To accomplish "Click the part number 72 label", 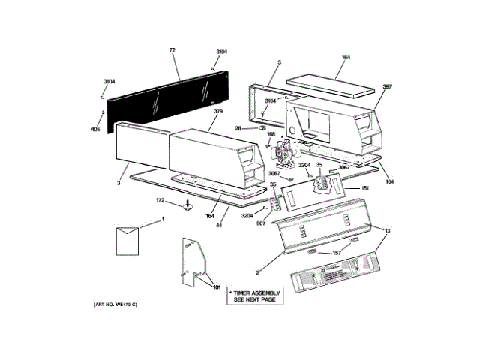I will (172, 50).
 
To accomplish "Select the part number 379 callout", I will (218, 112).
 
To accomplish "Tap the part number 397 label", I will (388, 87).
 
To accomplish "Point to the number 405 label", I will (95, 129).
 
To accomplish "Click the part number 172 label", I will (160, 200).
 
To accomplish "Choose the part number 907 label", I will (261, 223).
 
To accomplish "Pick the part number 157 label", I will (337, 253).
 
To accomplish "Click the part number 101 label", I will (216, 287).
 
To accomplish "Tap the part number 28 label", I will (238, 129).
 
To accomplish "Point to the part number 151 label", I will (365, 188).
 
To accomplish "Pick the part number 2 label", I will (256, 272).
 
